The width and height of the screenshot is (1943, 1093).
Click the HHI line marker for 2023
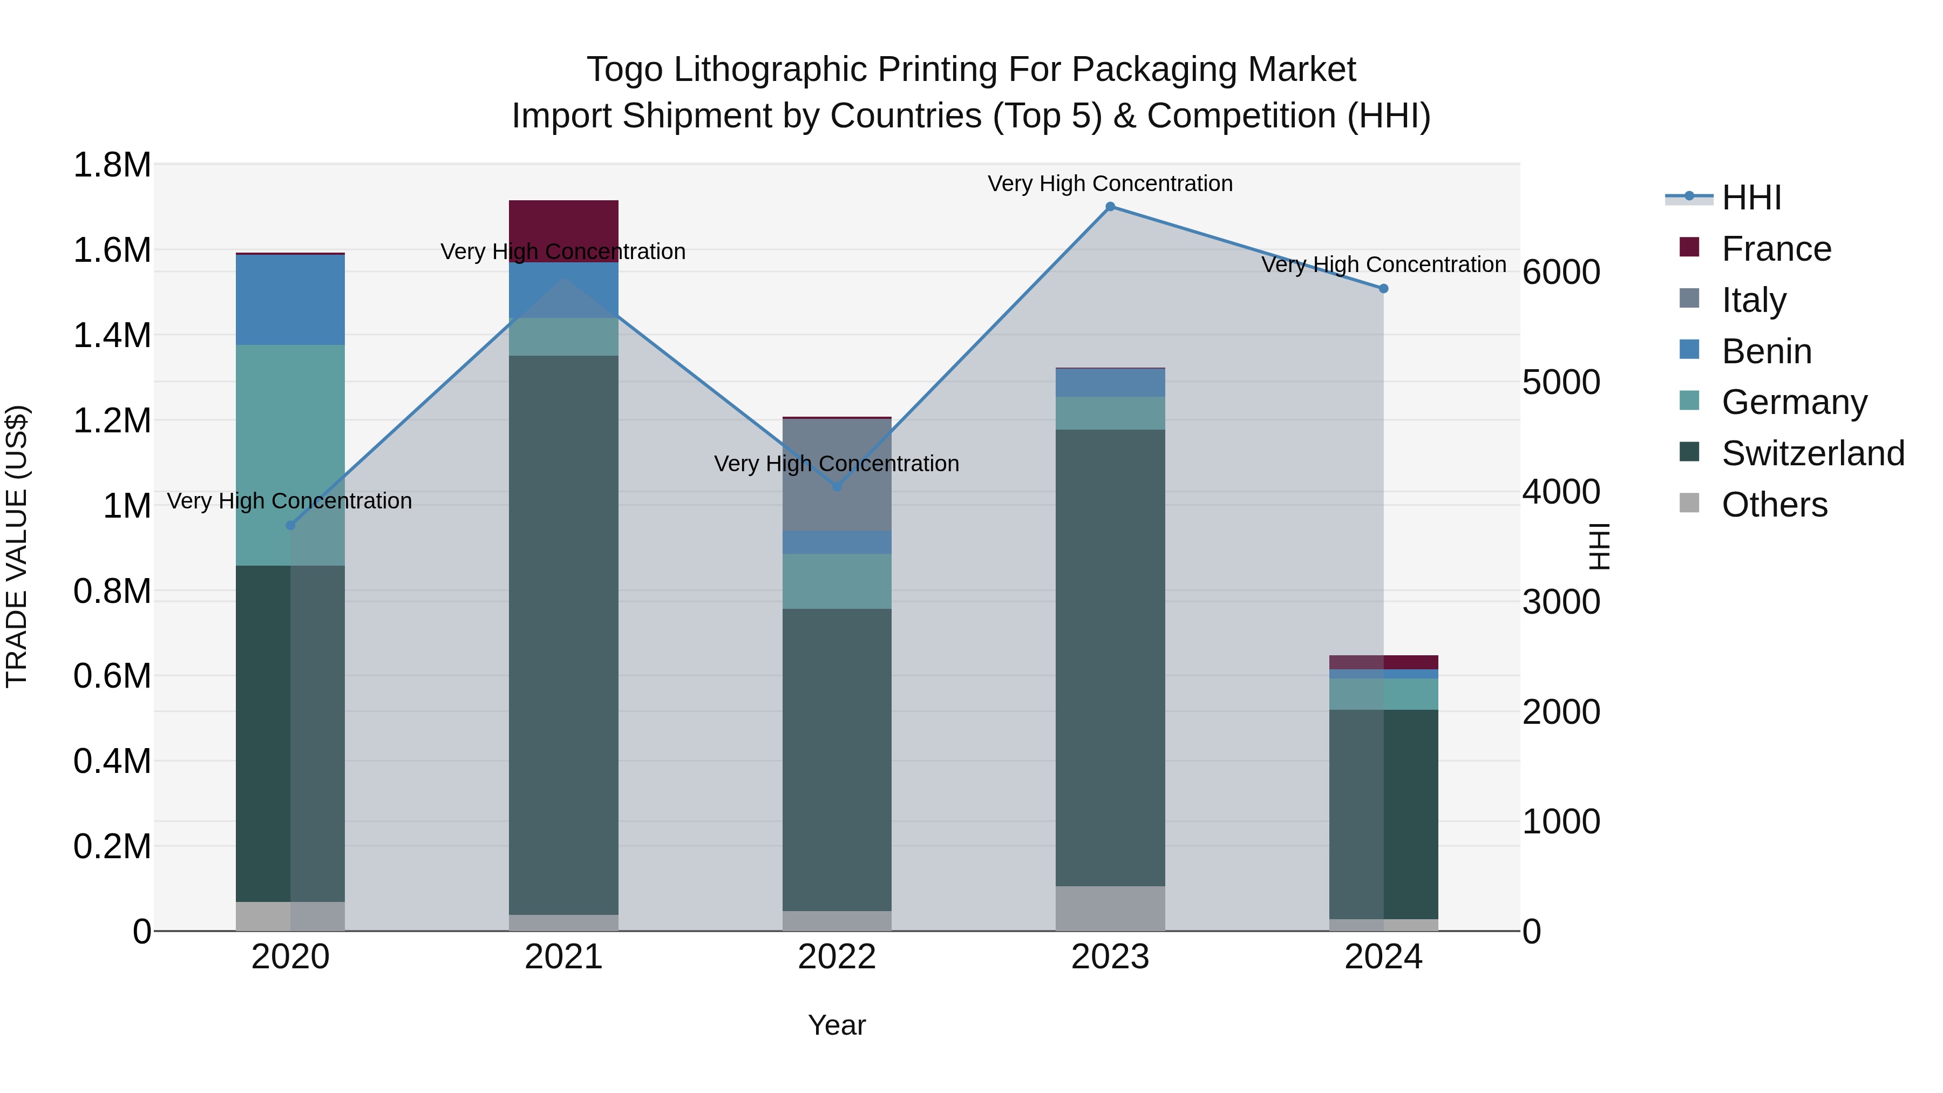[1110, 207]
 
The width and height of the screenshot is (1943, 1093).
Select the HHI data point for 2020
[290, 525]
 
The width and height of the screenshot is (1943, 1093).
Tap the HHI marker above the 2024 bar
[1383, 289]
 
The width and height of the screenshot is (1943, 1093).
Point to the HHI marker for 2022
[837, 486]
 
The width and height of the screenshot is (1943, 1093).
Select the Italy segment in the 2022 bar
[837, 474]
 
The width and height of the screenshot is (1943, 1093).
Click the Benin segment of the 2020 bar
[290, 300]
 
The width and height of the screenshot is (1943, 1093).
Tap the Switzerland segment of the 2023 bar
[1110, 657]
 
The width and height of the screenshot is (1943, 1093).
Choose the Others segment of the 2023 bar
[1110, 908]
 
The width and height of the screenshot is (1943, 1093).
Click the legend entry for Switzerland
[1812, 453]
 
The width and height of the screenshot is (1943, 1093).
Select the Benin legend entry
[1767, 351]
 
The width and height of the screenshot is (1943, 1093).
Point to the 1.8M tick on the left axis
[112, 165]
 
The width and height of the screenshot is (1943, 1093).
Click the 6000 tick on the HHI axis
[1560, 273]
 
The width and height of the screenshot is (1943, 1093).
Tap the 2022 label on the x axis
[837, 957]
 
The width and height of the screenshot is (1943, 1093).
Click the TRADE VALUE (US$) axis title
[17, 546]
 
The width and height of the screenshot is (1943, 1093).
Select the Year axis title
[837, 1025]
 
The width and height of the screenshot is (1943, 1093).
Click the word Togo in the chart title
[624, 70]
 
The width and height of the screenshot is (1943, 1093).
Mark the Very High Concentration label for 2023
[1110, 184]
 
